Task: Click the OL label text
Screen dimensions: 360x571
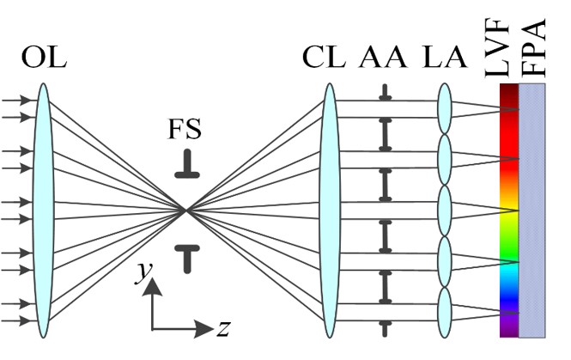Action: [x=43, y=58]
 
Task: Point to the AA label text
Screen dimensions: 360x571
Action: [x=382, y=58]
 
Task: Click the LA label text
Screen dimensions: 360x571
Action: [x=445, y=58]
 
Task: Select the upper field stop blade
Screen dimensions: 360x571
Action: [x=186, y=168]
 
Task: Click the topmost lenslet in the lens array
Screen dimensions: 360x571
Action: [x=445, y=107]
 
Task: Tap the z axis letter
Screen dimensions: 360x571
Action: [x=222, y=328]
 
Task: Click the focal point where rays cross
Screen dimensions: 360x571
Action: [x=186, y=210]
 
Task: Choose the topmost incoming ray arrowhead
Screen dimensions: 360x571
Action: [x=27, y=101]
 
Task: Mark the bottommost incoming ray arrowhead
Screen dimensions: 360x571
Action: [x=27, y=320]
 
